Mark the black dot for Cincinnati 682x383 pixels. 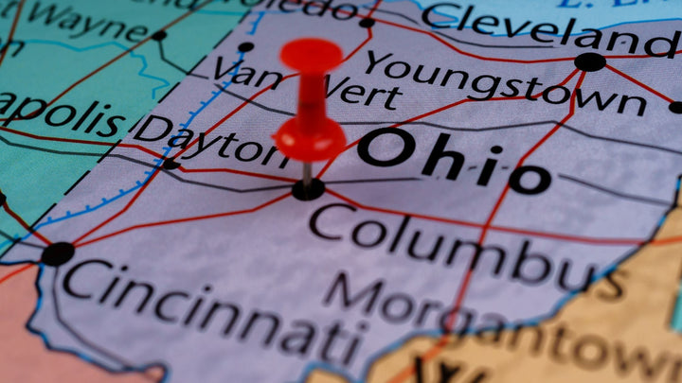(58, 253)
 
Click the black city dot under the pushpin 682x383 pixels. (308, 189)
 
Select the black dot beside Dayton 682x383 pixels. (170, 165)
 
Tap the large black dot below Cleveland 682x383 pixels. (590, 62)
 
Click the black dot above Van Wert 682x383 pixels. (246, 46)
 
